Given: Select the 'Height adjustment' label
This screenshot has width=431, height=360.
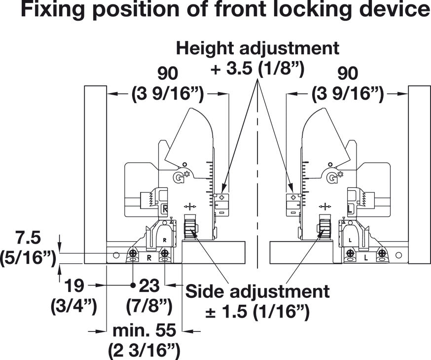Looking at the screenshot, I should (257, 48).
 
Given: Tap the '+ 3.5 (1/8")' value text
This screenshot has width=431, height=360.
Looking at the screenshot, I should (257, 69).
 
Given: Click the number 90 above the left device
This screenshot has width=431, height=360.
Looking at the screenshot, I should (168, 73).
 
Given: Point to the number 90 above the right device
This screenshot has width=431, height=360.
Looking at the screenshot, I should (348, 73).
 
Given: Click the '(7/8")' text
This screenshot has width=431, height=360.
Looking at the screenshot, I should (149, 306).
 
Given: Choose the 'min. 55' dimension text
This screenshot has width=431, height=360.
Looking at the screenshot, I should (144, 329).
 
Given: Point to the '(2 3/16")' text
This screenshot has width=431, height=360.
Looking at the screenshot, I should (144, 350).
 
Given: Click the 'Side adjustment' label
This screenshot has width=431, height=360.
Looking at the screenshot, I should (257, 291).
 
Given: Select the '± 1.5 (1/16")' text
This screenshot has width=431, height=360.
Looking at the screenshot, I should (257, 312).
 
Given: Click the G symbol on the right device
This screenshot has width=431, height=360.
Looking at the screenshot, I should (331, 178).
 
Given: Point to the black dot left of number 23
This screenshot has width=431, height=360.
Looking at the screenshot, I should (133, 285).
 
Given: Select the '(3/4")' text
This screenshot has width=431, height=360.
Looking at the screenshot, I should (74, 306).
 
